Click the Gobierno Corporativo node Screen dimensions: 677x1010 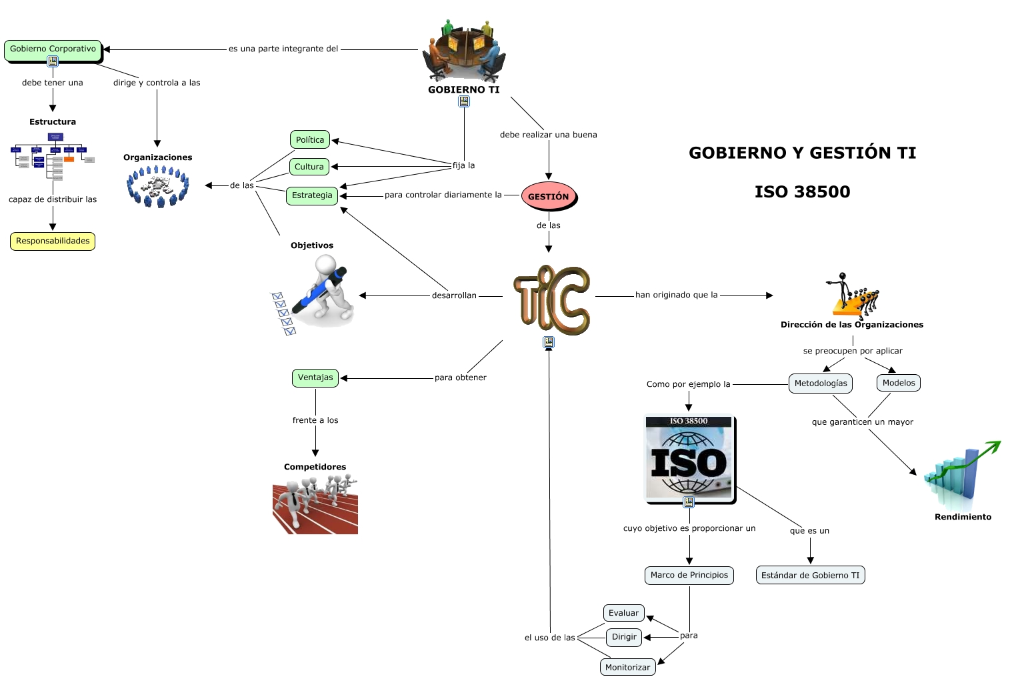[53, 49]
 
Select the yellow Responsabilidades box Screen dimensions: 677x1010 [53, 241]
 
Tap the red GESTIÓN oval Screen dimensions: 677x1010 [549, 197]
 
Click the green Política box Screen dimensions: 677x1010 [310, 140]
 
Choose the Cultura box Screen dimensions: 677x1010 [309, 167]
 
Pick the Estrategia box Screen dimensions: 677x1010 [312, 195]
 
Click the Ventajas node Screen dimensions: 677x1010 [315, 378]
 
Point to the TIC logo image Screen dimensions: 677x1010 [551, 300]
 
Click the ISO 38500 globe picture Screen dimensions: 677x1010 [689, 459]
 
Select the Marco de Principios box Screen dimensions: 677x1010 [689, 576]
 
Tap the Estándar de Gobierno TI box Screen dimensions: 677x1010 [810, 576]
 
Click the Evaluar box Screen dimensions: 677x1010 [623, 614]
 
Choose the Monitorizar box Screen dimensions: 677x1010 [627, 668]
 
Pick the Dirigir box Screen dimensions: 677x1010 [624, 638]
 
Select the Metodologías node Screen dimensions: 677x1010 [821, 384]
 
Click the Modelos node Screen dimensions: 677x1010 [899, 383]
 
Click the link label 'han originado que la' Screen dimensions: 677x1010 [676, 295]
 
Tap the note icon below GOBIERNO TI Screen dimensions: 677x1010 [464, 101]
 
